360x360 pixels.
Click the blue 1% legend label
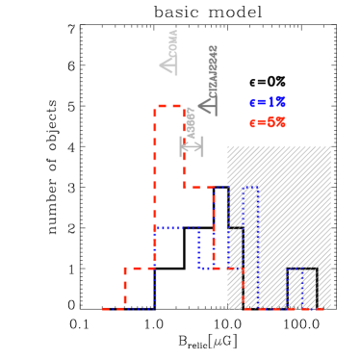[x=269, y=102]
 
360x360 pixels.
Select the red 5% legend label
[x=269, y=122]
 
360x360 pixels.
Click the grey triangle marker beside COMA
[x=168, y=64]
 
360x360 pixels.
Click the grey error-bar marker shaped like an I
[x=192, y=146]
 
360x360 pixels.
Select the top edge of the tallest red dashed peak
[x=168, y=106]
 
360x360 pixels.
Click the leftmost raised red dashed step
[x=139, y=269]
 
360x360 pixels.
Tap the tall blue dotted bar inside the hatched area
[x=250, y=241]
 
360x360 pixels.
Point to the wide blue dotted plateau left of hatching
[x=176, y=228]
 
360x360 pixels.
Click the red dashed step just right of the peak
[x=198, y=187]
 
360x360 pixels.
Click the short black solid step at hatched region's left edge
[x=236, y=228]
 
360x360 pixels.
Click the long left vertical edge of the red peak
[x=154, y=193]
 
